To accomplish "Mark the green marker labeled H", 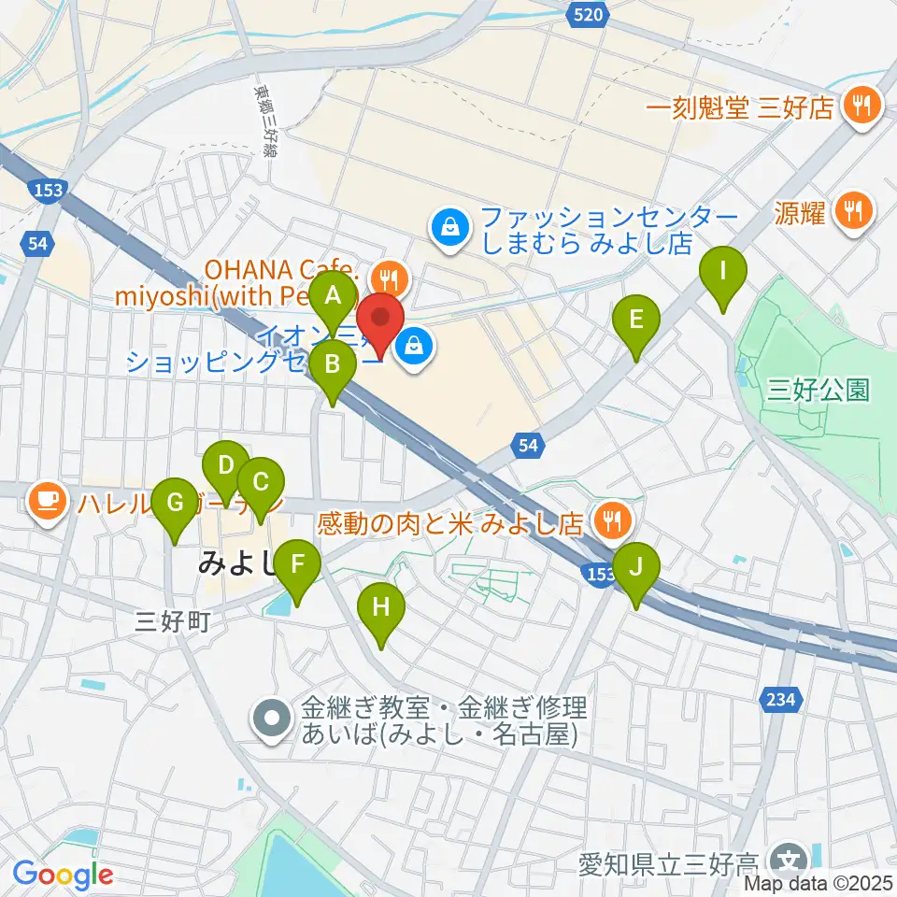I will point(381,610).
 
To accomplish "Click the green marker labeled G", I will point(175,505).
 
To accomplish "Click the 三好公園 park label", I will point(818,390).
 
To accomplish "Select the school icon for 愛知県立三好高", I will point(790,859).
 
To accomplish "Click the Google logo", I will point(63,876).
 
